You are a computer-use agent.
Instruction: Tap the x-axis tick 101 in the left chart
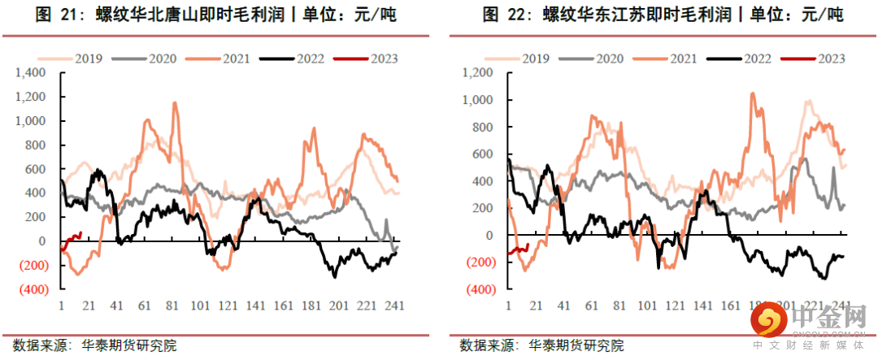click(x=199, y=306)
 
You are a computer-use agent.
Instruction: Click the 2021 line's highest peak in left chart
click(x=174, y=103)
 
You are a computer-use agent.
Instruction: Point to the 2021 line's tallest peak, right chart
click(x=751, y=93)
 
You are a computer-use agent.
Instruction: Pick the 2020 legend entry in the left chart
click(x=150, y=59)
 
